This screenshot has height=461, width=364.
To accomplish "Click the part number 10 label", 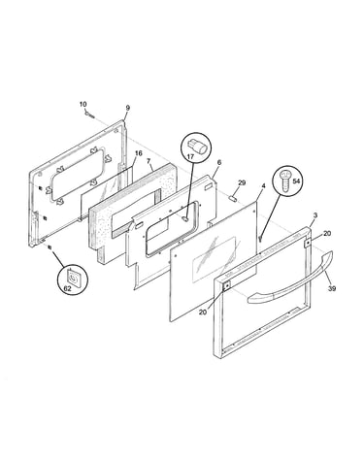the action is [83, 104].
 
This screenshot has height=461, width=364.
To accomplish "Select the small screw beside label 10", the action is [89, 115].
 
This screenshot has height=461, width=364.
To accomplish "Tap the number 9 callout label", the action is [128, 108].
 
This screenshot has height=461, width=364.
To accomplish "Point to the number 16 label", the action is [138, 153].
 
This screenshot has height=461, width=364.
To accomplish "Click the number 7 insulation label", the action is [149, 161].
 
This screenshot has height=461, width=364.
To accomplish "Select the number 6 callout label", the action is [219, 162].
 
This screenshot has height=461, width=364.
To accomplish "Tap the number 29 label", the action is [242, 182].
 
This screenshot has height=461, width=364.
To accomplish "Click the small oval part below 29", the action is [233, 198].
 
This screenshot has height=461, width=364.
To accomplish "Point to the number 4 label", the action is [263, 185].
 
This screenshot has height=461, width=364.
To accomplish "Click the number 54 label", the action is [296, 181].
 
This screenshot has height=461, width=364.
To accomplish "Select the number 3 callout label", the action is [315, 215].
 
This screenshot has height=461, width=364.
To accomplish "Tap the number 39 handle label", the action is [332, 289].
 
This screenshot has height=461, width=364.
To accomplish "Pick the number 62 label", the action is [67, 289].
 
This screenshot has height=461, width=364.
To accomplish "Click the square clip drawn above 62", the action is [74, 277].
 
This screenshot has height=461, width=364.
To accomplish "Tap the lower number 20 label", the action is [203, 313].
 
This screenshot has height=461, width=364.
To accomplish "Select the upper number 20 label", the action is [327, 233].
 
